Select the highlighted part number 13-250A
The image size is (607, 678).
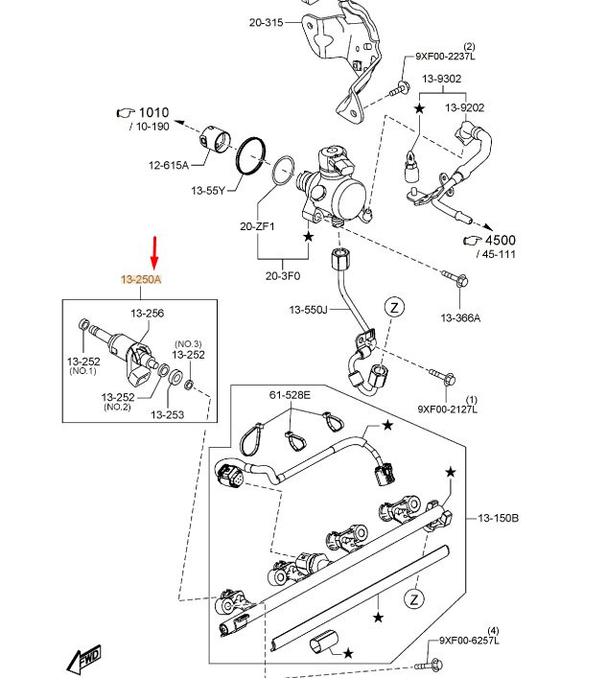141,279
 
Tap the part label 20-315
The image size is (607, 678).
266,22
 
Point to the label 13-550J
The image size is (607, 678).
309,310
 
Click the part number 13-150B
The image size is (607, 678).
498,518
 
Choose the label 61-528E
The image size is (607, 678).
290,393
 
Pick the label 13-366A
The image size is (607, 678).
460,317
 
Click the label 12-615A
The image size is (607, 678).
169,166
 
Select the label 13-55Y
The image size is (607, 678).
207,190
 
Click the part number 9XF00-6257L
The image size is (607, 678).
470,640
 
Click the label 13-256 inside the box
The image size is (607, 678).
148,313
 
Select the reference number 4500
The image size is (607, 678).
500,241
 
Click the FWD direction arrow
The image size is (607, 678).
85,658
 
